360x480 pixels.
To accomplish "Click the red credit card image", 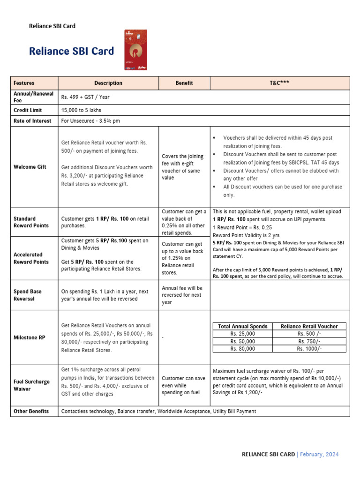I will (135, 50).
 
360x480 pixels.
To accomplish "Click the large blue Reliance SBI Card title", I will (71, 51).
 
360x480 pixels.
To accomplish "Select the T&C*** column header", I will (279, 83).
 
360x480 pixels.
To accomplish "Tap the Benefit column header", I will (184, 83).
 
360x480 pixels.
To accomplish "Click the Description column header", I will (108, 83).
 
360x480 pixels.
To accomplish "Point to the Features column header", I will (24, 83).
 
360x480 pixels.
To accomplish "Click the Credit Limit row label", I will (28, 110).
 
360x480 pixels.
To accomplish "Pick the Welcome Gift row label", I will (30, 167).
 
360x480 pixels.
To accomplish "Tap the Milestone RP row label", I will (29, 337).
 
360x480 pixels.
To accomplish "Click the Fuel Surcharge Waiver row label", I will (31, 385).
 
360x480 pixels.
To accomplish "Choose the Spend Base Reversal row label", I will (28, 295).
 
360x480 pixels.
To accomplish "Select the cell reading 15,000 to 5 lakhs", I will (81, 110).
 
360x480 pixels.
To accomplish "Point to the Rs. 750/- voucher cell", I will (309, 341).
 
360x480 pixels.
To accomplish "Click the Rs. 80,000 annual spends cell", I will (242, 349).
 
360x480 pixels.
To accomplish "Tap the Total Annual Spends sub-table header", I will (243, 326).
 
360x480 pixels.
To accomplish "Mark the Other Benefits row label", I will (31, 411).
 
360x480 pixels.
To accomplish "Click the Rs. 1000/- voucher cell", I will (309, 349).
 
